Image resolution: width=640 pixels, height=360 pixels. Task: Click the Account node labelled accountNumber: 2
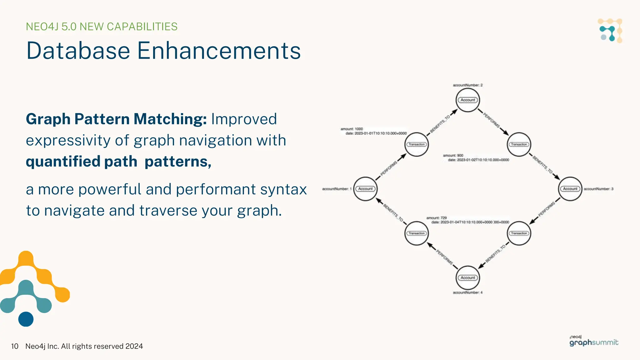[467, 100]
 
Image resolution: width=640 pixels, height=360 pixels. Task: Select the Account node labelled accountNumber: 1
[365, 189]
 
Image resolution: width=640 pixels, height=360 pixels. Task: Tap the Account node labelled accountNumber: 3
[570, 189]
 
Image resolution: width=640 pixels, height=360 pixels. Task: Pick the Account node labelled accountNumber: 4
[467, 277]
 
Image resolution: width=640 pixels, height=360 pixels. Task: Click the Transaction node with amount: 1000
[417, 144]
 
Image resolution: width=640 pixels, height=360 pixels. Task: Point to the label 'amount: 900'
[453, 155]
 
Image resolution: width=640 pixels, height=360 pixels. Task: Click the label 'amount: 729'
[437, 218]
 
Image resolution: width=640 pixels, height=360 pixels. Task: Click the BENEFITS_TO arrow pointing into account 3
[545, 166]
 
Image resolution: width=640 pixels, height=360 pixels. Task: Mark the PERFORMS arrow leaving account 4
[443, 256]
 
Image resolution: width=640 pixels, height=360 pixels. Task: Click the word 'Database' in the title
[78, 51]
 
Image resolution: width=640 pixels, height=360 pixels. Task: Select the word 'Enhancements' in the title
[219, 51]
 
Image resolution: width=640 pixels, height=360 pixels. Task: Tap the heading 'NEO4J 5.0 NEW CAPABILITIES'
[102, 27]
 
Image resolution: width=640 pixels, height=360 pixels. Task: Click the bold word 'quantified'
[63, 162]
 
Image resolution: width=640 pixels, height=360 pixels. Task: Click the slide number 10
[14, 346]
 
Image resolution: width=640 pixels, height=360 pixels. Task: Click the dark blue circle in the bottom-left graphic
[26, 319]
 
